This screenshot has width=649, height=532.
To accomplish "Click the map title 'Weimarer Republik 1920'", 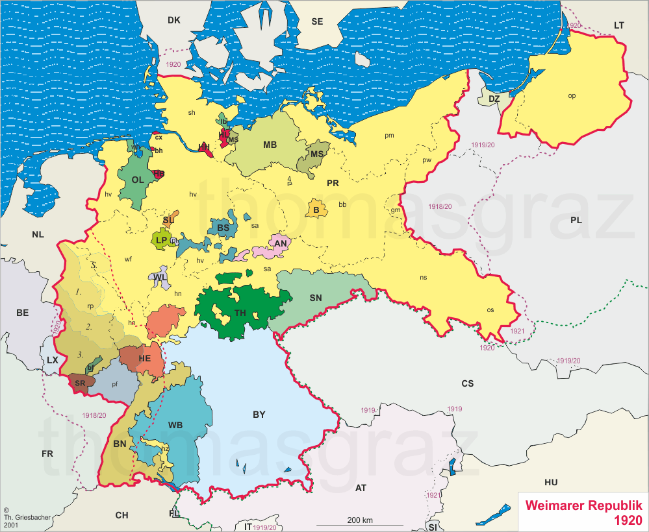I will pos(583,512).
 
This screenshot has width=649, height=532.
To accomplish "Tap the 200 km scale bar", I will pos(359,524).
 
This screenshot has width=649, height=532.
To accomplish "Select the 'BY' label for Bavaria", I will pos(259,415).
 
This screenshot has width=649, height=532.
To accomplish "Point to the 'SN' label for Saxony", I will pos(316,298).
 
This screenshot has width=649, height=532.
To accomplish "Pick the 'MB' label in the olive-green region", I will pos(270,145).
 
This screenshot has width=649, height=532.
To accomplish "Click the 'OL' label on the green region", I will pos(138,180).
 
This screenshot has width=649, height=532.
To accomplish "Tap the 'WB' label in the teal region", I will pos(175,425).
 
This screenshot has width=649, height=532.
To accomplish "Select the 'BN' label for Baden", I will pos(120,444).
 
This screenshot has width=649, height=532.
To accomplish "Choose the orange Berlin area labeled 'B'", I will pos(316,210).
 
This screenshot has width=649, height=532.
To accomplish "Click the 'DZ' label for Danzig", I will pos(494,99).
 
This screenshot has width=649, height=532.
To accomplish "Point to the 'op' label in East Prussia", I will pos(572,95).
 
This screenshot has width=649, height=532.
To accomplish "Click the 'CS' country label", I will pos(467,383).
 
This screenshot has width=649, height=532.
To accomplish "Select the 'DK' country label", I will pos(173,20).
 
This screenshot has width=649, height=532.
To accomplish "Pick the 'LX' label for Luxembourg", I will pos(53,360).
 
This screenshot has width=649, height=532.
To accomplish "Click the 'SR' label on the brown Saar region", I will pos(80,383).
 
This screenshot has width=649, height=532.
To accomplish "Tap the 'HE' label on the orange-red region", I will pos(144,358).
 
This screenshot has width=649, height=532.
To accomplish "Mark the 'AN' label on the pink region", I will pos(281,244).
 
